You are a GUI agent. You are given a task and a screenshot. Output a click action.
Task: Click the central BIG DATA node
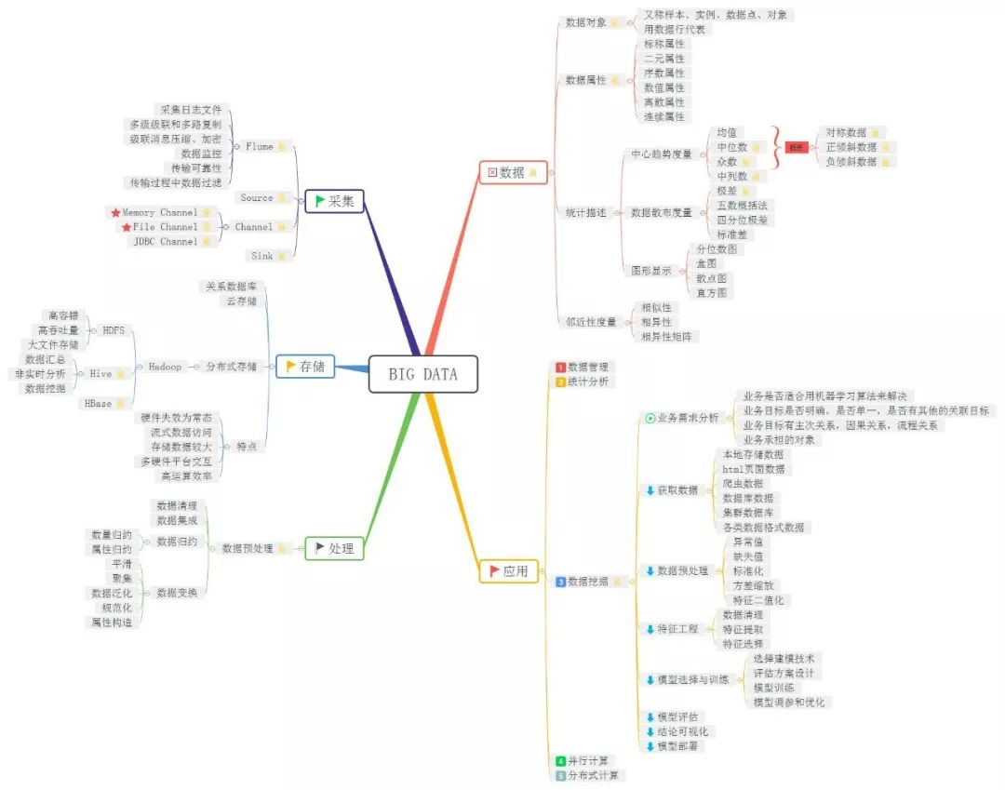(x=422, y=374)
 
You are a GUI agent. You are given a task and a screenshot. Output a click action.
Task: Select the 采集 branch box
(x=334, y=201)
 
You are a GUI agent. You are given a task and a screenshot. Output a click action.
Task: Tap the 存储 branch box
(x=305, y=368)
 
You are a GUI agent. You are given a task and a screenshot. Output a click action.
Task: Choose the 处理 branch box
(x=334, y=549)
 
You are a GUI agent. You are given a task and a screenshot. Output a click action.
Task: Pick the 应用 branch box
(x=508, y=571)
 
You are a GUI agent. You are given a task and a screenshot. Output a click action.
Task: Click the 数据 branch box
(x=512, y=172)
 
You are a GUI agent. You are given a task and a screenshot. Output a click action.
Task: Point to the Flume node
(x=260, y=146)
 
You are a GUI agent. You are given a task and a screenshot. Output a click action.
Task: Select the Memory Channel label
(x=159, y=212)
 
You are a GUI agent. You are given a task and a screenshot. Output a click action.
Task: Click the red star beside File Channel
(x=127, y=227)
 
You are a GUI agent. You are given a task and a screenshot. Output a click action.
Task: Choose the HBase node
(x=98, y=403)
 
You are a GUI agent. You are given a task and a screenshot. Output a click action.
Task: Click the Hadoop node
(x=166, y=367)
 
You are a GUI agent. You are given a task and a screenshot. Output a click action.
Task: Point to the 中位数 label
(x=732, y=147)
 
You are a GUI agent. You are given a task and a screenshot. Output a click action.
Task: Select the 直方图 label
(x=715, y=292)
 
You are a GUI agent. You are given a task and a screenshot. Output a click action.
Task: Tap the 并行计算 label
(x=586, y=761)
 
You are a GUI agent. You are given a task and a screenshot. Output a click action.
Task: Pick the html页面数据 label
(x=753, y=469)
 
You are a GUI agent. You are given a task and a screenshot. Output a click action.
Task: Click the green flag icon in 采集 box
(x=320, y=201)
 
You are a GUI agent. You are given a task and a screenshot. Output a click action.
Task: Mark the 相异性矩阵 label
(x=668, y=336)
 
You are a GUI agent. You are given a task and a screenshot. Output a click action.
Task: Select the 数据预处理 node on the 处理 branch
(x=248, y=549)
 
